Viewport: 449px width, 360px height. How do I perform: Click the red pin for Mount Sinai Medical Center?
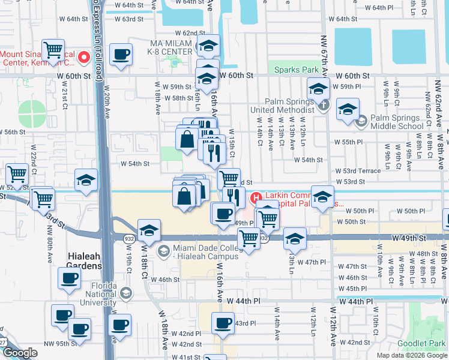[84, 58]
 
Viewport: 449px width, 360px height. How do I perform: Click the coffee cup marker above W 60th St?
[122, 55]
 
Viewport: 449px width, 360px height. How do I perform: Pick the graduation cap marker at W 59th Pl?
[318, 89]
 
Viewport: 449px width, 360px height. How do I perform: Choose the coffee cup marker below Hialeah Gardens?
[69, 278]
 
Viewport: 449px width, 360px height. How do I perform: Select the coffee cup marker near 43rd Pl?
[223, 323]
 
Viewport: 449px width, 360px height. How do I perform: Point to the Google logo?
[20, 353]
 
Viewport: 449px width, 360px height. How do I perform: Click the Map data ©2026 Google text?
[411, 355]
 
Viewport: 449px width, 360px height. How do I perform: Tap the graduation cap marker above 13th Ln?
[295, 239]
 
